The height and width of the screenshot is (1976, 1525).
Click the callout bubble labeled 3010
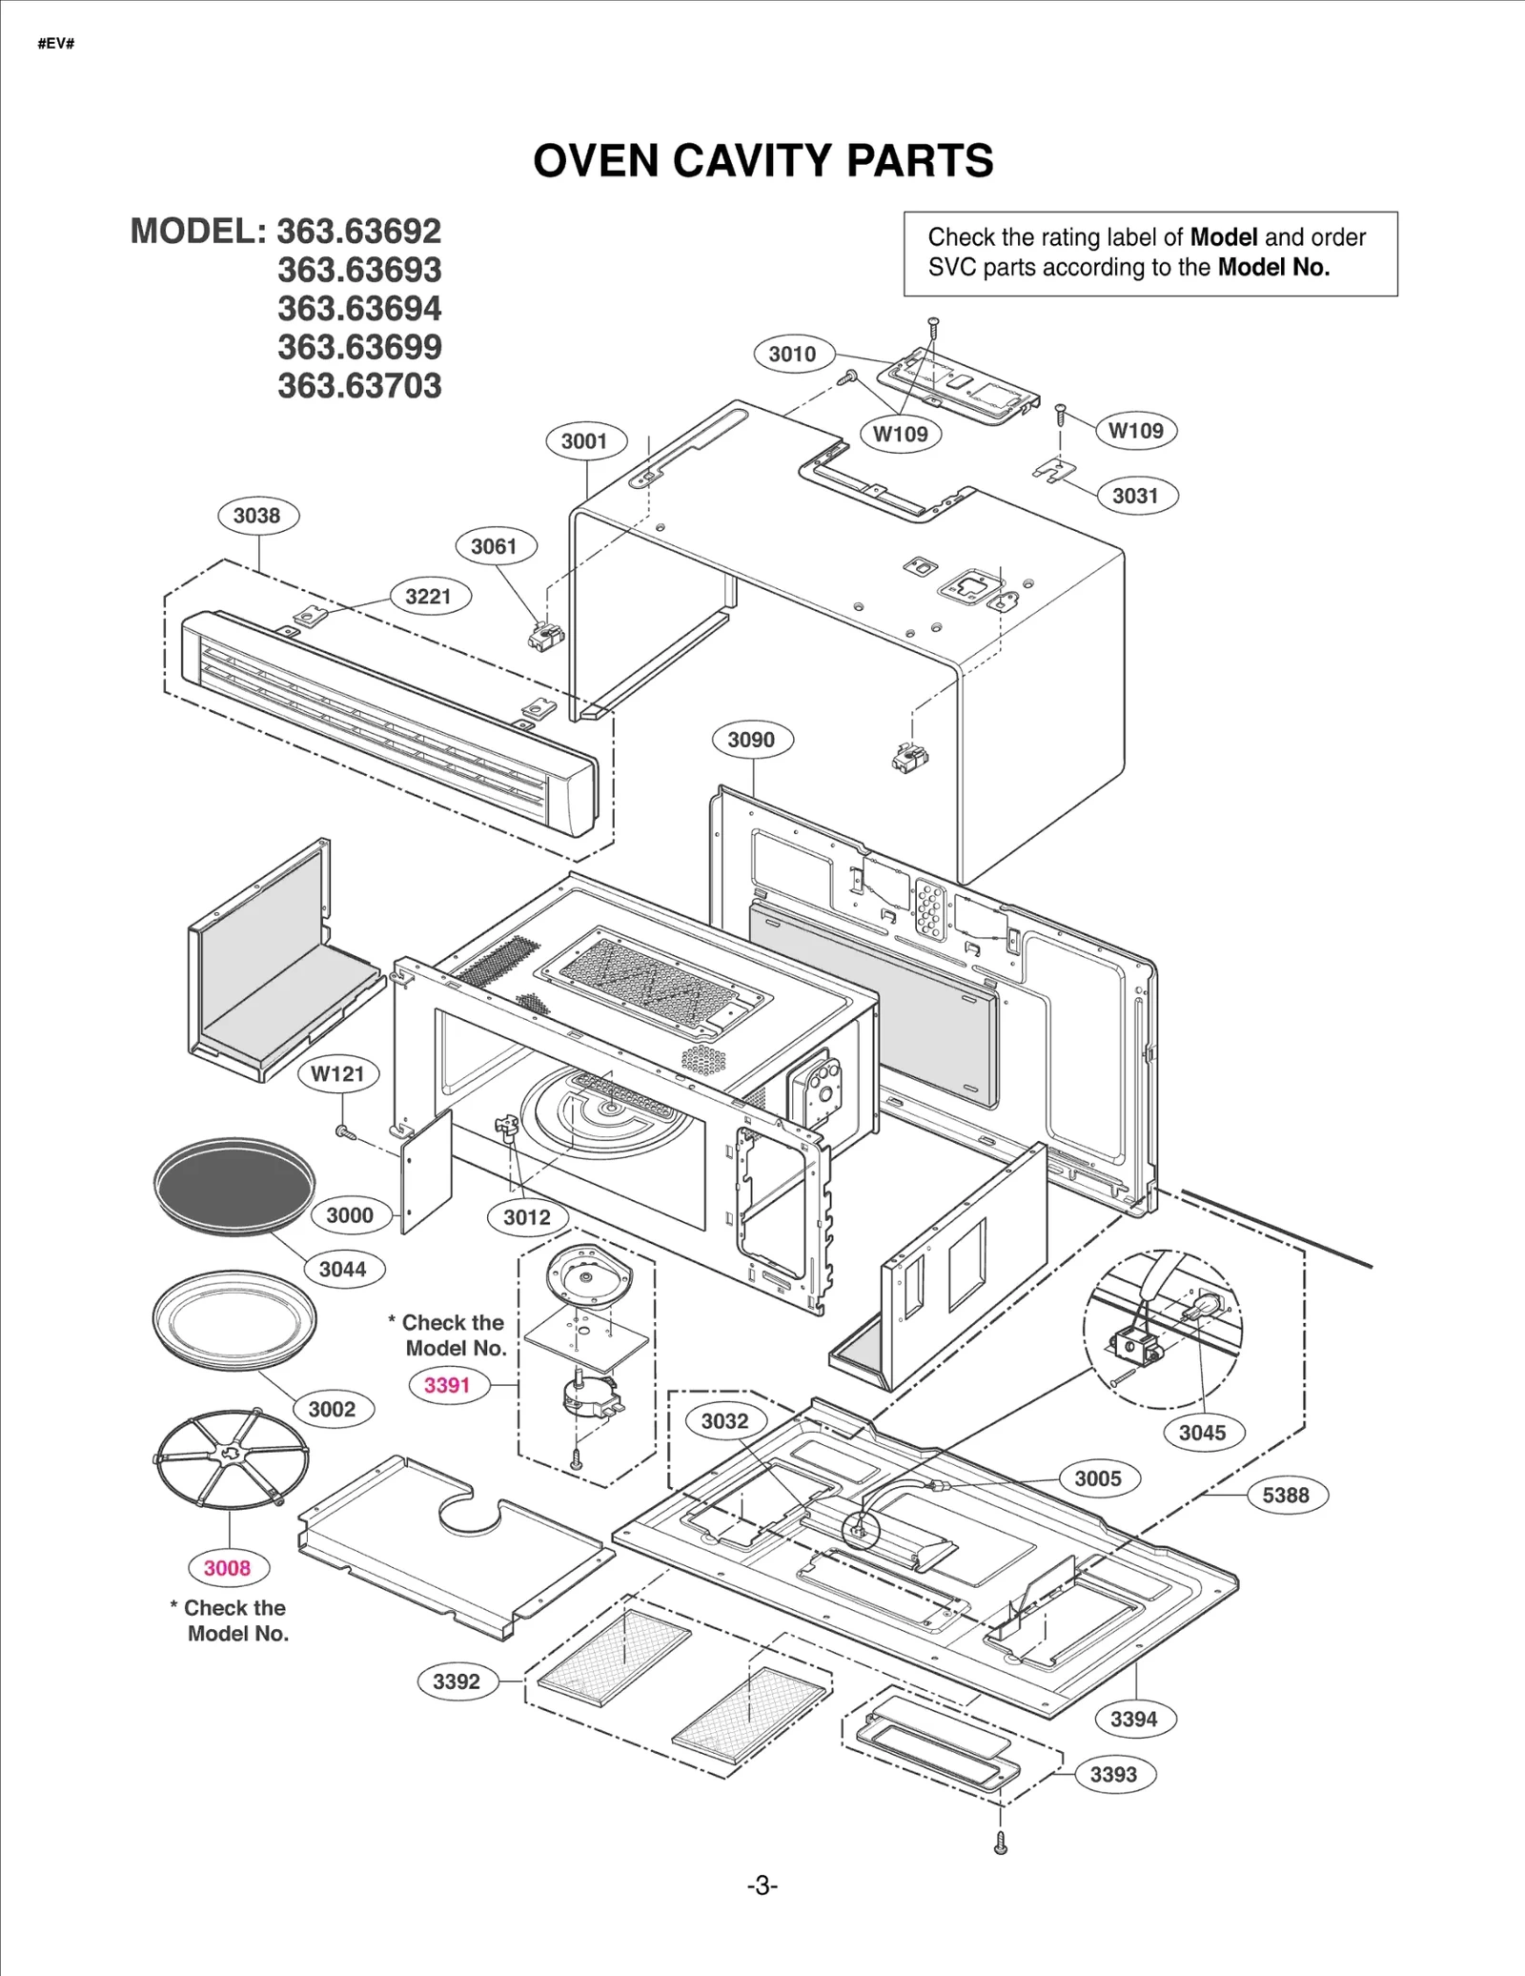[792, 355]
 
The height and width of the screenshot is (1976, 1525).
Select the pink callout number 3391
[447, 1385]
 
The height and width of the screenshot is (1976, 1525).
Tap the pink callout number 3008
[227, 1568]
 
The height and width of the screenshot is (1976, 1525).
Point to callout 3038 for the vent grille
[257, 516]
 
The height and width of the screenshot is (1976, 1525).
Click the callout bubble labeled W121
[337, 1074]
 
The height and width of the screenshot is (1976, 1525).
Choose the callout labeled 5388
[1286, 1496]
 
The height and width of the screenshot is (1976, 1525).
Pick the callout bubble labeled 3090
[751, 740]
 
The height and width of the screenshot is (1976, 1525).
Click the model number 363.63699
[359, 347]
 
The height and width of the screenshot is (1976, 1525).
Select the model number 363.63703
[359, 386]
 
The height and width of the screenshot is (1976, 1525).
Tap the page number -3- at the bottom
[762, 1886]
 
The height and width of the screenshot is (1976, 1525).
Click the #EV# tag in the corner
[56, 44]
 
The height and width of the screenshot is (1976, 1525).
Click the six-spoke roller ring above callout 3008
[232, 1457]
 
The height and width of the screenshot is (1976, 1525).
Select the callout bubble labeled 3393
[1113, 1775]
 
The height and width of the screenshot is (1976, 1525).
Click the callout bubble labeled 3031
[1134, 496]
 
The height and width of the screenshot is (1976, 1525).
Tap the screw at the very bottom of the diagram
[1000, 1844]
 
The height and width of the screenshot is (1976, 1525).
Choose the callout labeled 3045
[1202, 1433]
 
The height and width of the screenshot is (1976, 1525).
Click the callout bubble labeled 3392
[457, 1681]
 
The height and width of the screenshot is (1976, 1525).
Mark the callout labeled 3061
[494, 546]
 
